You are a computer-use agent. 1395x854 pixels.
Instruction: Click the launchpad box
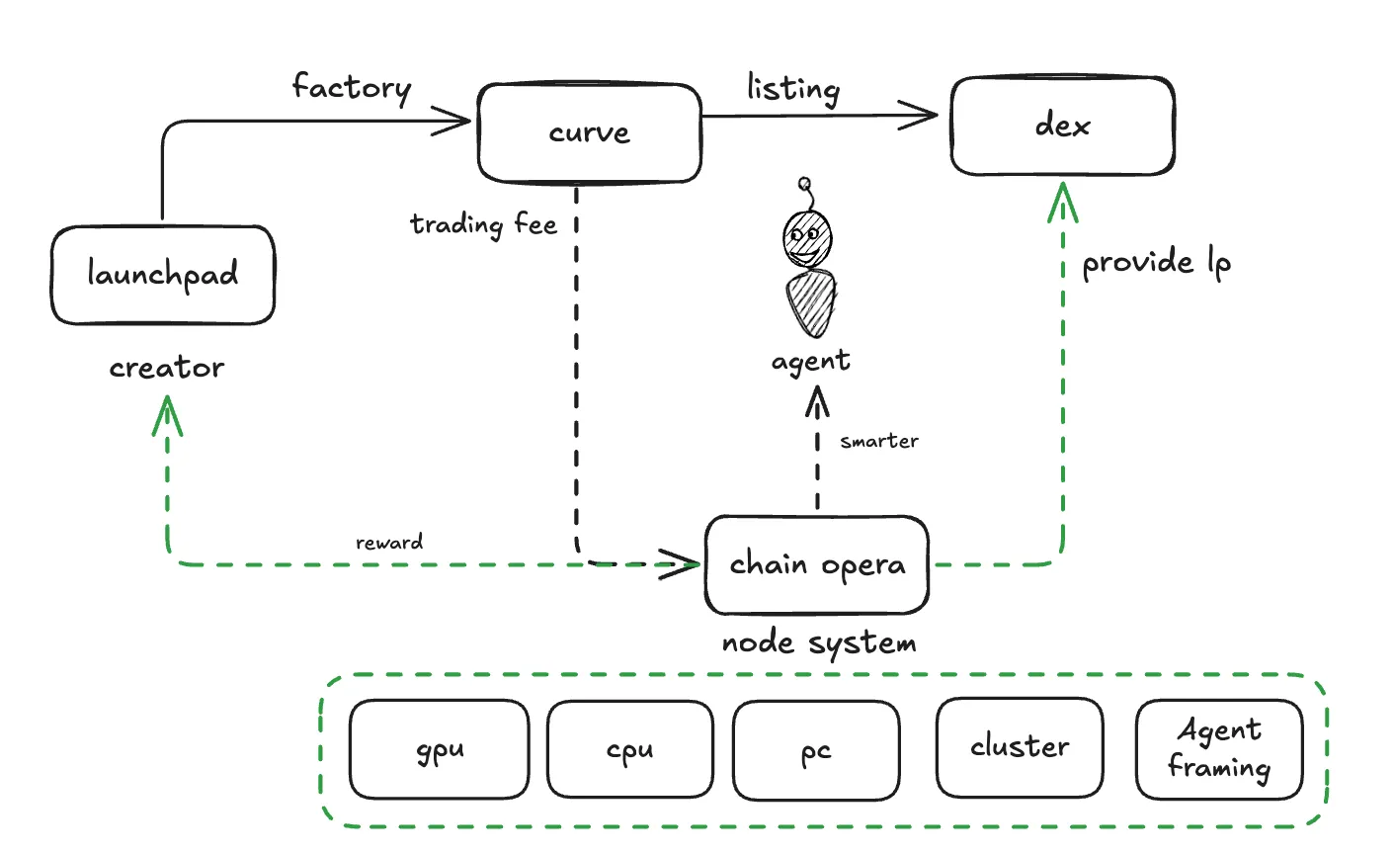coord(163,275)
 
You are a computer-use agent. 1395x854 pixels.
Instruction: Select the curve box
coord(590,133)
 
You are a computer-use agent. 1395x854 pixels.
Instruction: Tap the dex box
coord(1063,126)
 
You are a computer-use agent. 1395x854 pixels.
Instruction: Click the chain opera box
coord(817,564)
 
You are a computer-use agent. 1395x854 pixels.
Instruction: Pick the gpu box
coord(440,749)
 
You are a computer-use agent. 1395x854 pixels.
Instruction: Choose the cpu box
coord(630,749)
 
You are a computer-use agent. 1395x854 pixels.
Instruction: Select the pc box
coord(816,749)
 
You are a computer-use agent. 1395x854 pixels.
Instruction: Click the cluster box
coord(1020,746)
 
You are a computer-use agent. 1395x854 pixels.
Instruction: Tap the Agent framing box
coord(1219,748)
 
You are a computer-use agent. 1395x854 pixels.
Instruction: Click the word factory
coord(352,88)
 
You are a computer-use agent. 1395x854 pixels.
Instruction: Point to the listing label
coord(793,89)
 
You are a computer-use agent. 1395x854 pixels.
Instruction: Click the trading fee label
coord(484,225)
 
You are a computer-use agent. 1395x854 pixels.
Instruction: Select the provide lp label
coord(1156,263)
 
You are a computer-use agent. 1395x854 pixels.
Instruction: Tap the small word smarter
coord(879,441)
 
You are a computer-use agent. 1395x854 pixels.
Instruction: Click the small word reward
coord(389,543)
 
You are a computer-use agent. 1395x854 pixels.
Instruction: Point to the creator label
coord(167,368)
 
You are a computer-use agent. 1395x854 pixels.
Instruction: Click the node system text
coord(819,643)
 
